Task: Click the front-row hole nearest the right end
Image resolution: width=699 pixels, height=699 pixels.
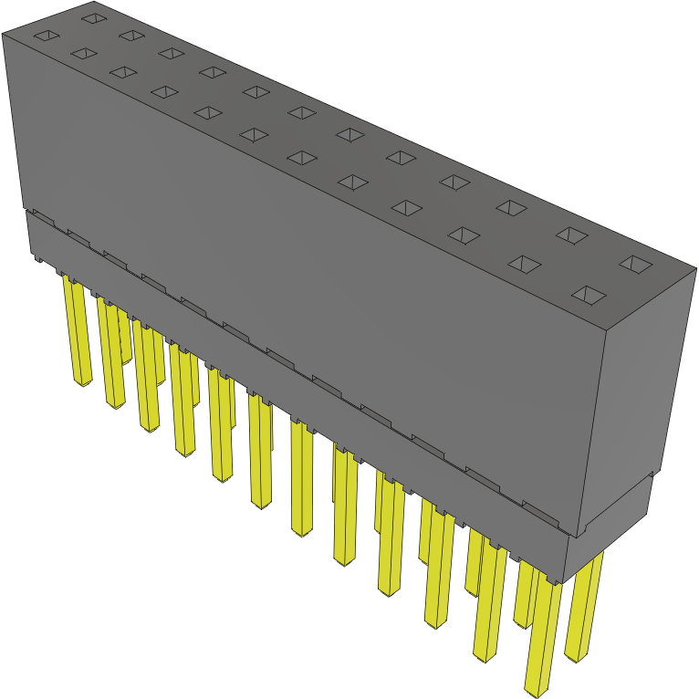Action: [x=589, y=295]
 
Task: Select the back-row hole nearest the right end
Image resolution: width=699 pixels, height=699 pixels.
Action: [x=636, y=264]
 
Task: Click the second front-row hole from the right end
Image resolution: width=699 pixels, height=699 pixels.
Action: [x=524, y=265]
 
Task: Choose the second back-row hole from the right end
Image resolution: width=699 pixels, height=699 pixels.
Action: [x=572, y=235]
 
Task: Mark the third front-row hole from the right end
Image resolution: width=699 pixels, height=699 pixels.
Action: [x=464, y=236]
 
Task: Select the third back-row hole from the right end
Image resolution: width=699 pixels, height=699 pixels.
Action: [x=512, y=207]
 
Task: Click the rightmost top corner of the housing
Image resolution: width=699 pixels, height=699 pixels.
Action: [x=695, y=266]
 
